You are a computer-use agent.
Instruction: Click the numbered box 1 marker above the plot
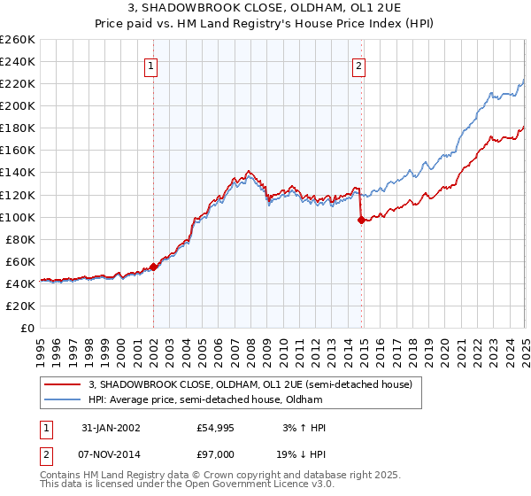click(x=150, y=66)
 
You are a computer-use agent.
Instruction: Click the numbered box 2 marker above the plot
click(x=359, y=66)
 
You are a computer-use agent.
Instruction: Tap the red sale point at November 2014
click(x=361, y=220)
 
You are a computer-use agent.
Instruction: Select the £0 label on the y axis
click(x=27, y=328)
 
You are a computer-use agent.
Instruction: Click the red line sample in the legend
click(x=62, y=385)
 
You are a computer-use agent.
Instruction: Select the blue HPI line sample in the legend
click(x=62, y=399)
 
